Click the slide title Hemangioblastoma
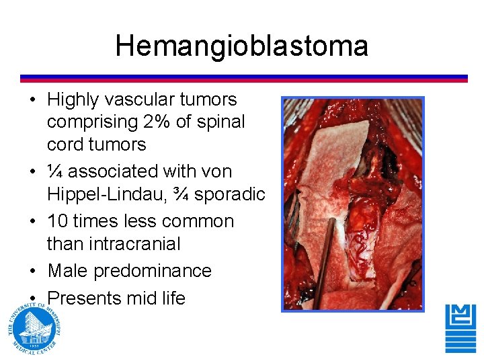pyautogui.click(x=241, y=46)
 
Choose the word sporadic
pyautogui.click(x=229, y=194)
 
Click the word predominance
pyautogui.click(x=153, y=271)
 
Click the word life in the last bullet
pyautogui.click(x=170, y=298)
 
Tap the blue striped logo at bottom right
pyautogui.click(x=460, y=328)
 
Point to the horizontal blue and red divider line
pyautogui.click(x=243, y=78)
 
